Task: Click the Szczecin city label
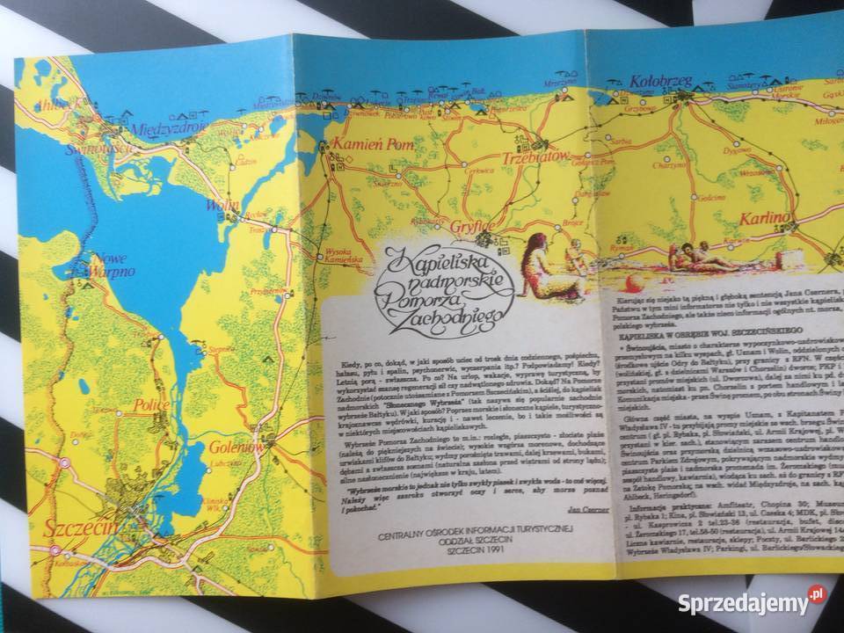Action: tap(75, 518)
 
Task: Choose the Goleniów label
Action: tap(232, 445)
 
